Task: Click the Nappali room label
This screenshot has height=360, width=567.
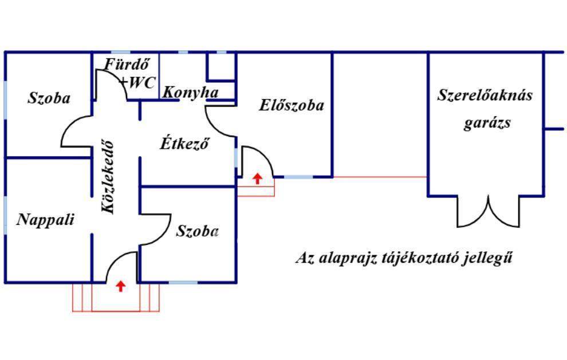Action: tap(45, 219)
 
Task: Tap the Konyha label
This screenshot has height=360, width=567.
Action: tap(191, 92)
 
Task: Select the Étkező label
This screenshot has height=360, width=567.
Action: tap(183, 143)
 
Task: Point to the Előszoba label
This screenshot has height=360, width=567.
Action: tap(291, 105)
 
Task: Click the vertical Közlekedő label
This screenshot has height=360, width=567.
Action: tap(108, 177)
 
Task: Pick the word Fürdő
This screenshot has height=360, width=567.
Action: tap(122, 64)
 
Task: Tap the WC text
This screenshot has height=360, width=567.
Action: tap(141, 82)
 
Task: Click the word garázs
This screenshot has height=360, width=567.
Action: tap(487, 122)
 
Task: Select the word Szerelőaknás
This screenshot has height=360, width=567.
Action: tap(485, 94)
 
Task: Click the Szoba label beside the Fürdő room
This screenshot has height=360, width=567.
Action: tap(49, 98)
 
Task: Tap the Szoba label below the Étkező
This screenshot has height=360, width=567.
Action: tap(197, 231)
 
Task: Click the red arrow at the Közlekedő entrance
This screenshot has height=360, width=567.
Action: tap(120, 286)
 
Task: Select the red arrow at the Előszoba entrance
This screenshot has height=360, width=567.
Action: tap(257, 178)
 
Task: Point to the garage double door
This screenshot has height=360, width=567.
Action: tap(487, 213)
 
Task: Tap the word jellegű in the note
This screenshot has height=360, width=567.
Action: tap(491, 258)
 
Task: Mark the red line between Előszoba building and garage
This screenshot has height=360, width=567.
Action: tap(380, 177)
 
